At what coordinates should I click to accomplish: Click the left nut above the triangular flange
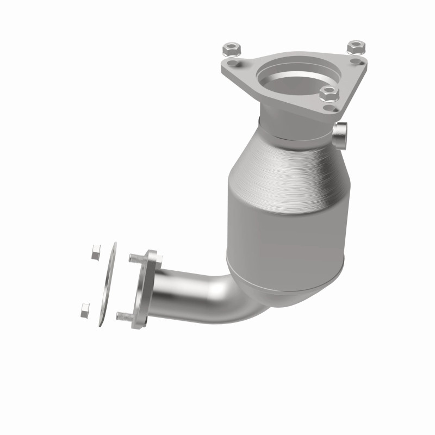229,50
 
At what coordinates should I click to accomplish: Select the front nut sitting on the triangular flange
329,94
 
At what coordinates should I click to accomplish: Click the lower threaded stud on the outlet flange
124,315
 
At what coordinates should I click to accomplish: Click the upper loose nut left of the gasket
96,252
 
